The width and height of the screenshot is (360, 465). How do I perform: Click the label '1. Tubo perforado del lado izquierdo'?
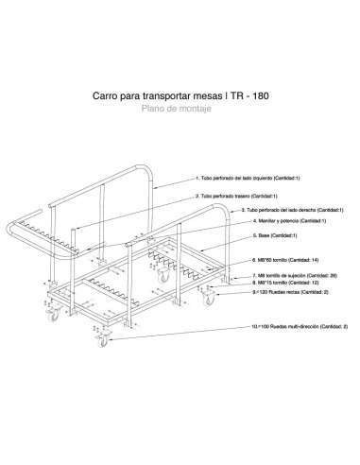[x=247, y=178]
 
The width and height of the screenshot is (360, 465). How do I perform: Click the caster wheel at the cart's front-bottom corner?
[x=98, y=341]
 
